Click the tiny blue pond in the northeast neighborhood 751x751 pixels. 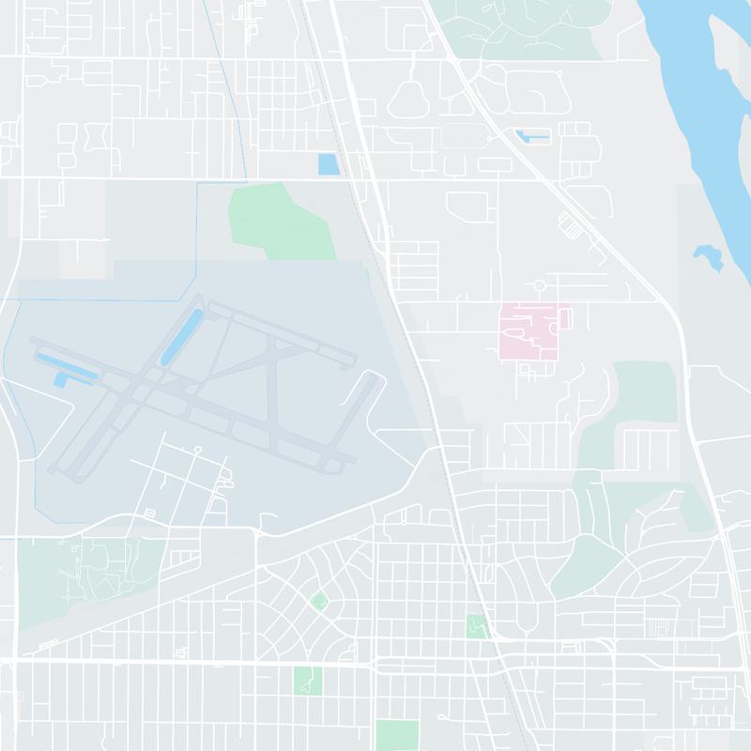[x=532, y=139]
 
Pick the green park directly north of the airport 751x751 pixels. [x=282, y=221]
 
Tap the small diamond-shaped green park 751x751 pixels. [x=319, y=601]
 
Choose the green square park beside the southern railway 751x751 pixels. [x=478, y=626]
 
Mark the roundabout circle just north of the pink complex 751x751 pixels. [x=540, y=285]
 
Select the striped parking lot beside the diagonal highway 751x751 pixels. [x=570, y=225]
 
